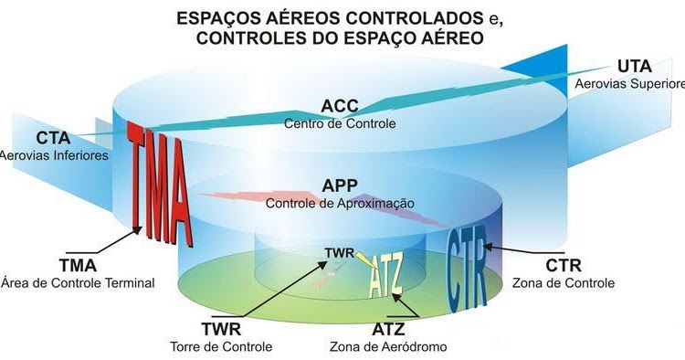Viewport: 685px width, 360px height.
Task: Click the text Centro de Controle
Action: [340, 122]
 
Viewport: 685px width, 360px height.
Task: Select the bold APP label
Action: [340, 185]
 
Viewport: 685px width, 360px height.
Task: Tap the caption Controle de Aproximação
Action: [340, 203]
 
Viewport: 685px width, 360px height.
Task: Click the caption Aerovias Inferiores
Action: [54, 155]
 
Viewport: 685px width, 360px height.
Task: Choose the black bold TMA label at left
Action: [78, 264]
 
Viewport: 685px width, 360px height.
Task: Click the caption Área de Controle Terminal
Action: [78, 283]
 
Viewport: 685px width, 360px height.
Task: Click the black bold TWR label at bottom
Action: [221, 328]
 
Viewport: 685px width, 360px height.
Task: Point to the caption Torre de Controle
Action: [221, 346]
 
